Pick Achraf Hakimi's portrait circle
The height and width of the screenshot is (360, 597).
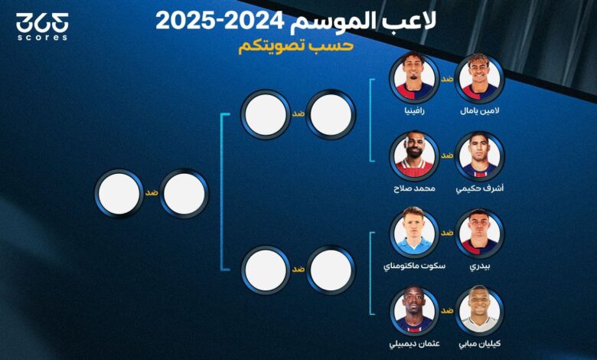click(480, 156)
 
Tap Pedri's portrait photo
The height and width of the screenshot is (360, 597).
click(480, 234)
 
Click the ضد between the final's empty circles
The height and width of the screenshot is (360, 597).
click(152, 193)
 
